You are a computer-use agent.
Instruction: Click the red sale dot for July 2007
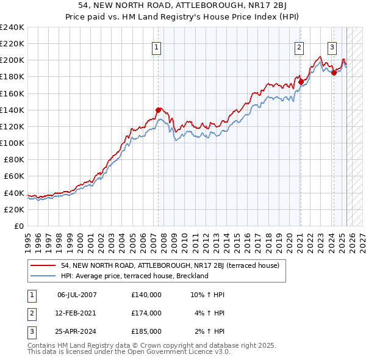[x=159, y=110]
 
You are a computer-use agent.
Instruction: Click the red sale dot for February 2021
[x=301, y=81]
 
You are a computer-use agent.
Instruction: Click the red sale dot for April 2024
[x=334, y=72]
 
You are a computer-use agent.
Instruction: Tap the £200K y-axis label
[x=12, y=60]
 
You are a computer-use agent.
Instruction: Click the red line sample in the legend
[x=43, y=265]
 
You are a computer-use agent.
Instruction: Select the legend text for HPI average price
[x=134, y=276]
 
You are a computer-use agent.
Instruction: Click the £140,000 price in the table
[x=146, y=295]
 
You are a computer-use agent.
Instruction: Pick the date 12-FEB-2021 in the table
[x=77, y=313]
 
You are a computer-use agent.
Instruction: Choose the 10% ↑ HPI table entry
[x=208, y=295]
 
